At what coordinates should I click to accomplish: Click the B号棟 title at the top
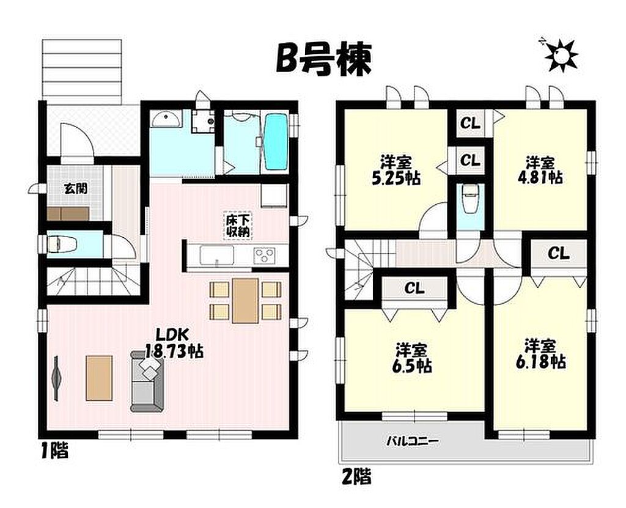coord(324,59)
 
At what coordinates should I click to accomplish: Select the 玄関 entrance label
coord(75,188)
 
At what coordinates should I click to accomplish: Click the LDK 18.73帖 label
coord(174,343)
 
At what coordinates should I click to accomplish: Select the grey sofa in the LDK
coord(147,381)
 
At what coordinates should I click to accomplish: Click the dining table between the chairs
coord(245,300)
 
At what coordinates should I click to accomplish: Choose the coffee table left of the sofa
coord(99,378)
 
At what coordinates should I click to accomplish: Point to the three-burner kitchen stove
coord(265,255)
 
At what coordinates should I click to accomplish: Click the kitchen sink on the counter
coord(217,255)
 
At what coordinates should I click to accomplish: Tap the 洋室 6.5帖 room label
coord(411,357)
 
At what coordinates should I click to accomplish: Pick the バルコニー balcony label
coord(413,441)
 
